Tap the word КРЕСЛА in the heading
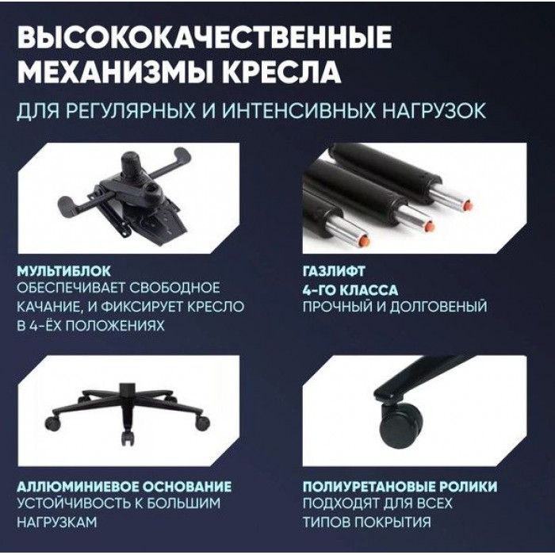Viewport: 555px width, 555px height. click(x=281, y=72)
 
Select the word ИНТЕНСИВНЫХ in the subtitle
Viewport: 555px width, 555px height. click(x=298, y=110)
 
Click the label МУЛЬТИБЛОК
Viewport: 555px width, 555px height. click(x=63, y=271)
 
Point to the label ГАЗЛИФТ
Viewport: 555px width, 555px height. click(x=334, y=271)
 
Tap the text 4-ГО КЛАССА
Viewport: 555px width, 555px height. click(x=350, y=290)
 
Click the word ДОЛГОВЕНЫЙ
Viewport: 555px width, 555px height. click(x=438, y=307)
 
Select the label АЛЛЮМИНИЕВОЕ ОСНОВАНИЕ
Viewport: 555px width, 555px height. click(x=124, y=486)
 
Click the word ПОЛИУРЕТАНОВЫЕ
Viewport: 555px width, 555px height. click(x=368, y=486)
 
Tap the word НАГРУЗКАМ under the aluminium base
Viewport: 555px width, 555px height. click(x=56, y=522)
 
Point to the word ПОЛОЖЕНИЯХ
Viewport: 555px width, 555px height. click(x=116, y=326)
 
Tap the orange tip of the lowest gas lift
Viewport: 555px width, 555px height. click(x=365, y=241)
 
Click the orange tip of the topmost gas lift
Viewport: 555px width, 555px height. click(x=468, y=205)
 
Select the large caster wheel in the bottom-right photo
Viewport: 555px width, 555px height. click(x=402, y=424)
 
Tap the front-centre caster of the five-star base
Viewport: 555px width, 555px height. click(x=128, y=438)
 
